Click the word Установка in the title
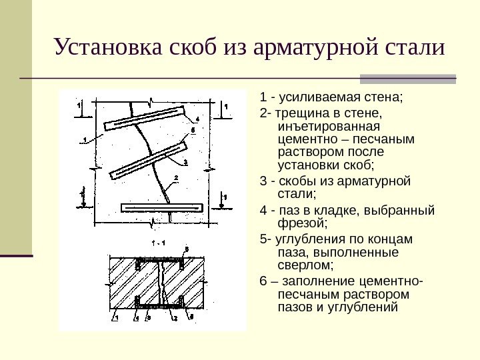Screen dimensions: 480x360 [100, 48]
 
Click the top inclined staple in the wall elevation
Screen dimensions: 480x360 [153, 117]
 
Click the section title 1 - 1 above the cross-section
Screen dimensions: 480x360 [158, 241]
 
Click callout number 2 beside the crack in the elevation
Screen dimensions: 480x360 [176, 177]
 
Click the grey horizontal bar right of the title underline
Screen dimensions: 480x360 [407, 78]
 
